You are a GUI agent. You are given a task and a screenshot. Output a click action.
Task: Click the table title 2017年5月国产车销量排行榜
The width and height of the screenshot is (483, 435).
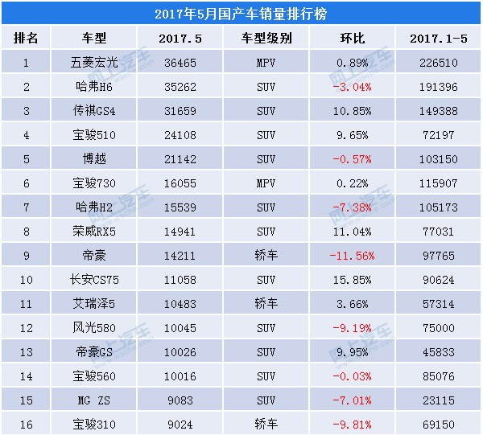tap(241, 14)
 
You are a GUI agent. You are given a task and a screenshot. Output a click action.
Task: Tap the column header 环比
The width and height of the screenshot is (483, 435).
tap(353, 39)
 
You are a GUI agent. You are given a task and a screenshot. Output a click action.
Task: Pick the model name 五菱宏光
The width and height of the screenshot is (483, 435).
tap(94, 61)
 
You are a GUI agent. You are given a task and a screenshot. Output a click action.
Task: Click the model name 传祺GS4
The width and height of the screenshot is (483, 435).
tap(94, 111)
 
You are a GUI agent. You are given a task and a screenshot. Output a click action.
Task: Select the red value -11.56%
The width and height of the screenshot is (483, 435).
tap(353, 256)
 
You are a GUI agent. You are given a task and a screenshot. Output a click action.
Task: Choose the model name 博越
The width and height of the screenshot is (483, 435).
tap(94, 159)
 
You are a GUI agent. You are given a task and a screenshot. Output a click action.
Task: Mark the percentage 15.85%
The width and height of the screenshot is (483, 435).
tap(353, 281)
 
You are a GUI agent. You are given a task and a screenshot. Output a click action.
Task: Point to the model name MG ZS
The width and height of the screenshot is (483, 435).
tap(94, 401)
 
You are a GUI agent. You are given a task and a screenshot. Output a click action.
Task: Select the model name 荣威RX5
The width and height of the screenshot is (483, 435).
tap(94, 232)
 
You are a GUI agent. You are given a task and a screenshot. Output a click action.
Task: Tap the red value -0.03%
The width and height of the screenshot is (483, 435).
tap(353, 377)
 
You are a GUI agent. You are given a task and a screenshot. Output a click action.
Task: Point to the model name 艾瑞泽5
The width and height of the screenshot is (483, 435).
tap(94, 305)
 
